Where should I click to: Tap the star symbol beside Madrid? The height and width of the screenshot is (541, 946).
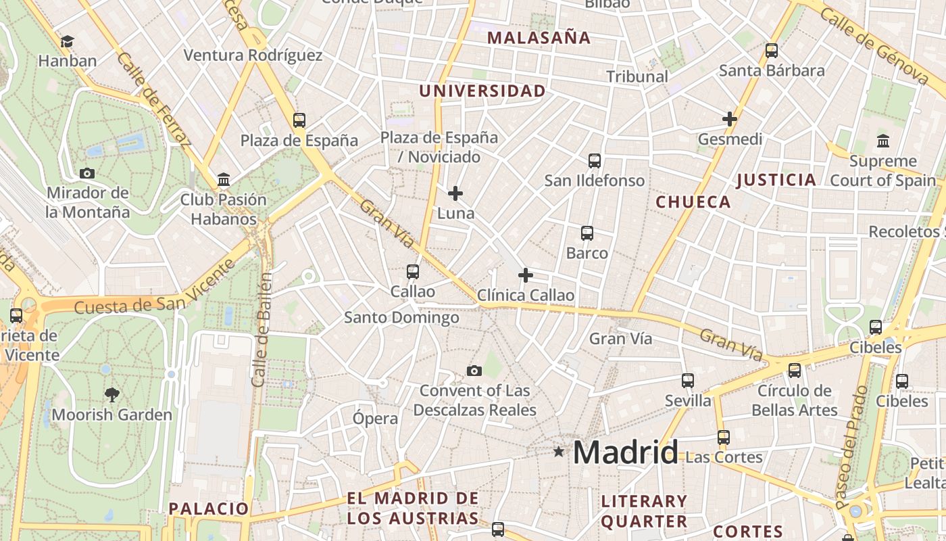(558, 451)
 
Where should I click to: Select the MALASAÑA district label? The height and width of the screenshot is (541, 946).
(539, 38)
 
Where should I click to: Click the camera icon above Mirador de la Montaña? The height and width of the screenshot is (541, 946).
(86, 173)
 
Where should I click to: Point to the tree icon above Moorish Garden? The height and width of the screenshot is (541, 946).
(112, 394)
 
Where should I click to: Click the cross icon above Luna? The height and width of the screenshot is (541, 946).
(455, 193)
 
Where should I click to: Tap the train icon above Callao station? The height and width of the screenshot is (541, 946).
(412, 272)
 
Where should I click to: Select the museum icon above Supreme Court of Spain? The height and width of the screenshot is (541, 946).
(882, 141)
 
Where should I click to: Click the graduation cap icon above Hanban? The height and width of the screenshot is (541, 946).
(67, 42)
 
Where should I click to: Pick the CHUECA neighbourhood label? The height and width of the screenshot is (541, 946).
(693, 202)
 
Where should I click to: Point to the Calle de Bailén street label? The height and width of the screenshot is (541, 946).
(262, 329)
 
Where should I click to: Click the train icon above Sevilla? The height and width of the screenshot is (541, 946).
(688, 381)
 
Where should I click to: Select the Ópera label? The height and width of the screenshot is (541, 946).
(376, 418)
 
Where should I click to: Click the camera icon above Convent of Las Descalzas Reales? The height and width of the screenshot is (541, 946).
(474, 371)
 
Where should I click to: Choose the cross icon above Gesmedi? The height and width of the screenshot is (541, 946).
(729, 119)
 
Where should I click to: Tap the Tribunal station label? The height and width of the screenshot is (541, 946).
(637, 76)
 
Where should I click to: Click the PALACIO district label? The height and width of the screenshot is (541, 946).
(209, 509)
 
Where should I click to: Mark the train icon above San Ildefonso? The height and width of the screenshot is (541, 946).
(594, 161)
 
